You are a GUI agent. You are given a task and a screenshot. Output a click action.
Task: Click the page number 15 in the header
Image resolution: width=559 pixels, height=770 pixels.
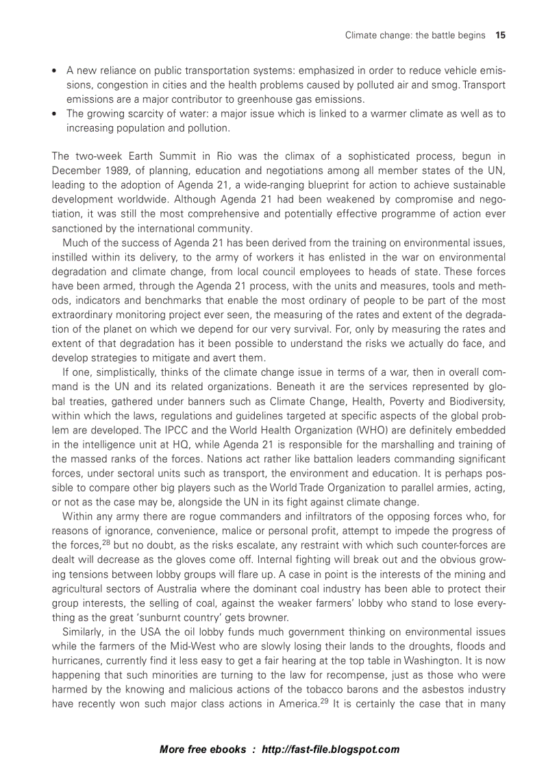(500, 35)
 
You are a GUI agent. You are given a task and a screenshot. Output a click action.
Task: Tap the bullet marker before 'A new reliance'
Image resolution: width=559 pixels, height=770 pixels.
(55, 71)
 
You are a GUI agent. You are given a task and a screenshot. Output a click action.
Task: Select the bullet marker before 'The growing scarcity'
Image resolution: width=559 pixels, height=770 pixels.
(55, 114)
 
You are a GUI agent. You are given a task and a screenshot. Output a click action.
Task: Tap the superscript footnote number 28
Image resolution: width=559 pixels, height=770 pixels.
(87, 540)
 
